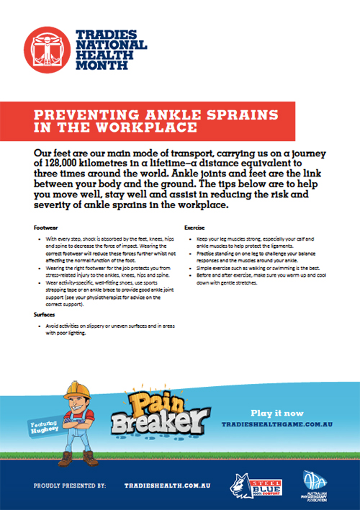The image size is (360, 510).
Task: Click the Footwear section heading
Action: [45, 226]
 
